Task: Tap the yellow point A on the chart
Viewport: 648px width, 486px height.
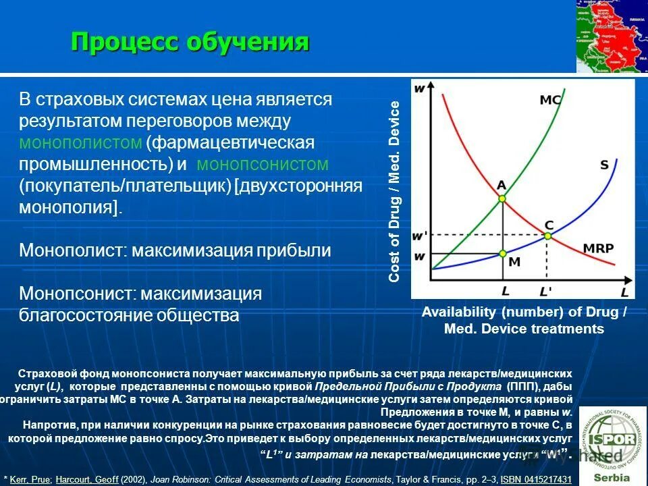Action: coord(502,198)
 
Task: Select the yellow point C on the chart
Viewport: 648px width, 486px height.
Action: coord(547,236)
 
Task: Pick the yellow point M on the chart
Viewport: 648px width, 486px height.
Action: coord(502,254)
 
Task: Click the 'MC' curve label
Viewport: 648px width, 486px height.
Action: coord(550,100)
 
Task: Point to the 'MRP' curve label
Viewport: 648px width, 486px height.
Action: coord(598,248)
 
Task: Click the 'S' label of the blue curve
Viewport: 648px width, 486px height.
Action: coord(603,164)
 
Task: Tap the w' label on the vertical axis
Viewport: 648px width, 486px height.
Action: coord(420,236)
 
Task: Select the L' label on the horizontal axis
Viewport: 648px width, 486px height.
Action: coord(545,291)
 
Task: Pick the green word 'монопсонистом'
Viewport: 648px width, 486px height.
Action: coord(263,164)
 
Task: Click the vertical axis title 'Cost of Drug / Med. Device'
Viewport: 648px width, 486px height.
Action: coord(394,191)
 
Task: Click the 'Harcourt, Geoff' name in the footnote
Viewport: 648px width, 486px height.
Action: coord(86,479)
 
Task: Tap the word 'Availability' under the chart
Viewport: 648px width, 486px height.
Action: coord(458,312)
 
